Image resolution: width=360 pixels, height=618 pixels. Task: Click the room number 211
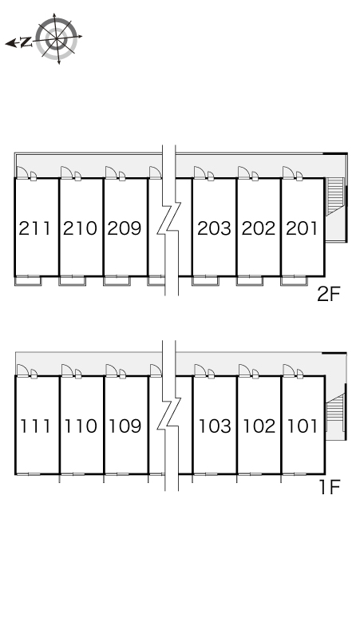(x=35, y=228)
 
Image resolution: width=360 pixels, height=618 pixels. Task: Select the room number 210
(x=80, y=228)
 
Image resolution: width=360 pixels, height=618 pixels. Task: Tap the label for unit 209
(x=125, y=228)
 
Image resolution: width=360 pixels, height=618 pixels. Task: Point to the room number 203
(x=214, y=228)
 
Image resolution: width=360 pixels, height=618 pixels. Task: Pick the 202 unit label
(x=259, y=228)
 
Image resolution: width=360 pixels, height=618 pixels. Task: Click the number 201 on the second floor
(x=302, y=228)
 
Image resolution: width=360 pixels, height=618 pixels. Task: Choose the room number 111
(x=35, y=426)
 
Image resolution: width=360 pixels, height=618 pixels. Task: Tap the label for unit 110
(x=81, y=426)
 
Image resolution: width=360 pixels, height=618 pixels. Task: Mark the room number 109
(x=125, y=426)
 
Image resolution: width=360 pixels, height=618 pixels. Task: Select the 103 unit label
(x=215, y=426)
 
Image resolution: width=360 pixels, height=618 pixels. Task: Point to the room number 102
(x=259, y=426)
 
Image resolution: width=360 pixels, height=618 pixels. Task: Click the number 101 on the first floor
(x=302, y=426)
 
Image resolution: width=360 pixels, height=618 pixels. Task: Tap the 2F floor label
(x=329, y=294)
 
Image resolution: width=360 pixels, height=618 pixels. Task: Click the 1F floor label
(x=330, y=487)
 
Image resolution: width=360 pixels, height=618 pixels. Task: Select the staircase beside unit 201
(x=334, y=196)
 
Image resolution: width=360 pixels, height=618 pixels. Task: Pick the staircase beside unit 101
(x=335, y=407)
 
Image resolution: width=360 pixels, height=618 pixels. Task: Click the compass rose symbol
(x=57, y=38)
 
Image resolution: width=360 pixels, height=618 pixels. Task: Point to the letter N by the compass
(x=26, y=42)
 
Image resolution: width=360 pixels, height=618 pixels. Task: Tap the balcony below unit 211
(x=28, y=281)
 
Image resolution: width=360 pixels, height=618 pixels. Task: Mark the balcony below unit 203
(x=205, y=281)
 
